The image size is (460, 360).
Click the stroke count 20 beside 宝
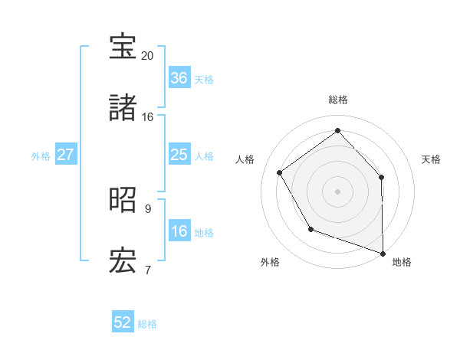pyautogui.click(x=148, y=56)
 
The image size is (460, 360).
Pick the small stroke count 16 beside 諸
pyautogui.click(x=148, y=117)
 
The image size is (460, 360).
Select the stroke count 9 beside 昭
pyautogui.click(x=147, y=208)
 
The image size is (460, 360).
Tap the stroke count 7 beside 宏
pyautogui.click(x=147, y=270)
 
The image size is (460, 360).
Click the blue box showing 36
pyautogui.click(x=179, y=78)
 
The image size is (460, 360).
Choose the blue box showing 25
pyautogui.click(x=179, y=155)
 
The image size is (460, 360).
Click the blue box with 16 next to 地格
pyautogui.click(x=179, y=232)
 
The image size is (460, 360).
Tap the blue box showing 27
pyautogui.click(x=65, y=155)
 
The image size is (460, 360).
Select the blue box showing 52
pyautogui.click(x=123, y=322)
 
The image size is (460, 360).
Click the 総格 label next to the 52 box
pyautogui.click(x=148, y=324)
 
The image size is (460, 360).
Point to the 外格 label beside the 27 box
pyautogui.click(x=41, y=156)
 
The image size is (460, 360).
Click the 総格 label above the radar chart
pyautogui.click(x=338, y=100)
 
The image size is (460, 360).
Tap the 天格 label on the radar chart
pyautogui.click(x=432, y=159)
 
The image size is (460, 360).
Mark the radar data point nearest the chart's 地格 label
pyautogui.click(x=383, y=252)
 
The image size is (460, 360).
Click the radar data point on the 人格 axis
pyautogui.click(x=280, y=173)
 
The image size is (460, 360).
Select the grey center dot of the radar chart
pyautogui.click(x=337, y=191)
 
